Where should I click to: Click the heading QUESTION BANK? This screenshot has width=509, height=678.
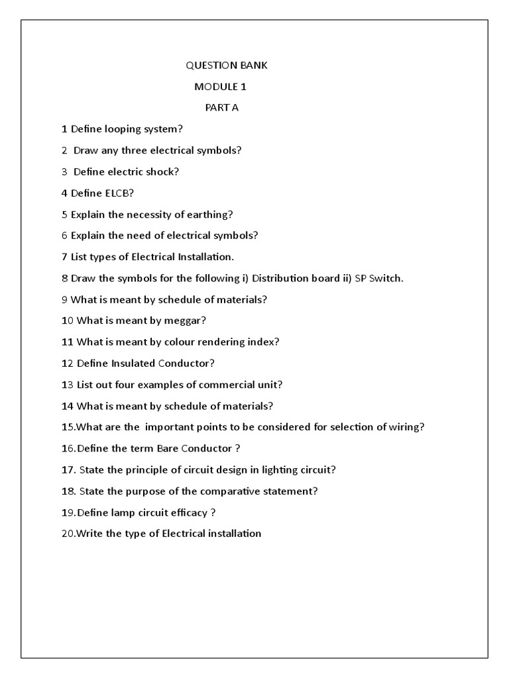(x=225, y=66)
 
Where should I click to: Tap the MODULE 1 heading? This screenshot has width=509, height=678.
(x=220, y=87)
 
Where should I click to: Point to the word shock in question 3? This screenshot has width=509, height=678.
(x=162, y=171)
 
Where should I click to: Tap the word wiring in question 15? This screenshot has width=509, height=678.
(x=406, y=427)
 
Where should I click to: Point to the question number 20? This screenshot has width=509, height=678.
(x=68, y=533)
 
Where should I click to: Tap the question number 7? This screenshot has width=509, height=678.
(x=64, y=257)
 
